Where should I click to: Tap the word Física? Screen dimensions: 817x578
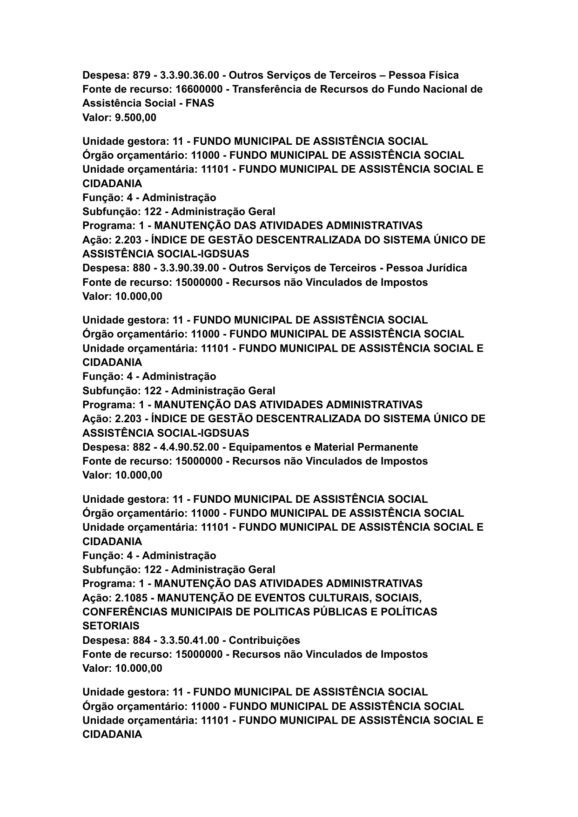[442, 75]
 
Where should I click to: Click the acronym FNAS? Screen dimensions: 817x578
[200, 103]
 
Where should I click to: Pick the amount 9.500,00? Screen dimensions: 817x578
[135, 118]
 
